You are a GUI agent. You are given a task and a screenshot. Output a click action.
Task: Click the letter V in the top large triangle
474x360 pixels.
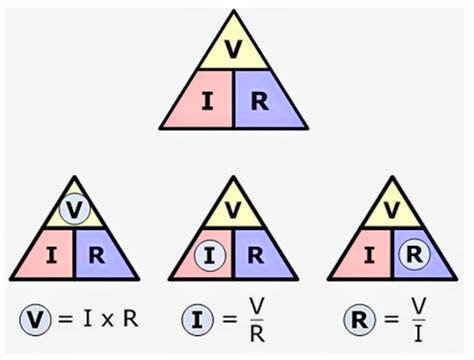233,49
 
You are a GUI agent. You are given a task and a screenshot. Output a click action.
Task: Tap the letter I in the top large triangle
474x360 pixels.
208,101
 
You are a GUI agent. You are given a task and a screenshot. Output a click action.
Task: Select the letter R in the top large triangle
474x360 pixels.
260,101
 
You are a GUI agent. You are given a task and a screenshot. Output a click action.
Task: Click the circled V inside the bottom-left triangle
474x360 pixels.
74,209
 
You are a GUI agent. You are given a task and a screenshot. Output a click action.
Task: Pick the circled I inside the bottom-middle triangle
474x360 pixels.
210,256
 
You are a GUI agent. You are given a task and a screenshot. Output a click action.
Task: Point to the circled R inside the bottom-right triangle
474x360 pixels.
414,254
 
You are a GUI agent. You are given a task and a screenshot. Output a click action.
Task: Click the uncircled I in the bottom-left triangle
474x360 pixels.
51,256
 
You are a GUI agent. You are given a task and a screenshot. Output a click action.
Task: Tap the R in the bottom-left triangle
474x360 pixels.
97,256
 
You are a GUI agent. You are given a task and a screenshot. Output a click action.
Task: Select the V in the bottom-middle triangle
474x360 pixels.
233,209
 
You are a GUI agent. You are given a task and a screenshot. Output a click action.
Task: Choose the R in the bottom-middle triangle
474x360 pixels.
256,256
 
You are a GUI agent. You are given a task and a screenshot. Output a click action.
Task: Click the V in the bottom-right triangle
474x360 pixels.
392,209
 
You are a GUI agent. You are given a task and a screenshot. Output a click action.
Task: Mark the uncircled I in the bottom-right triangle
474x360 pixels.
369,256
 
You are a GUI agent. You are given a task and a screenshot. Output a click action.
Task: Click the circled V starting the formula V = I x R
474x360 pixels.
35,320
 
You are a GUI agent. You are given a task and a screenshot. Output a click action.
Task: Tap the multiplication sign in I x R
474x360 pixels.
107,321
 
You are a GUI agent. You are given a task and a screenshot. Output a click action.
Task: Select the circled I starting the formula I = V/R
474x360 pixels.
197,320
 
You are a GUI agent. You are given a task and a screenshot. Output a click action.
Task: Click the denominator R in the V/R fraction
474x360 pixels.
257,334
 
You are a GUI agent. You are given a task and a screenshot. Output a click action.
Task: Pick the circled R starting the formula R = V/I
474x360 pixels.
359,320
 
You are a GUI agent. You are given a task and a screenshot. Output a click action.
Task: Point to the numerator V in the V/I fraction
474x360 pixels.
419,305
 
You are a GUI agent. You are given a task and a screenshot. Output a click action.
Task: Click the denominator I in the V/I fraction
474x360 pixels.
419,334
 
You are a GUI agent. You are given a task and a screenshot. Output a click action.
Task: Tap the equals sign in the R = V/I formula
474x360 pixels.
391,320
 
